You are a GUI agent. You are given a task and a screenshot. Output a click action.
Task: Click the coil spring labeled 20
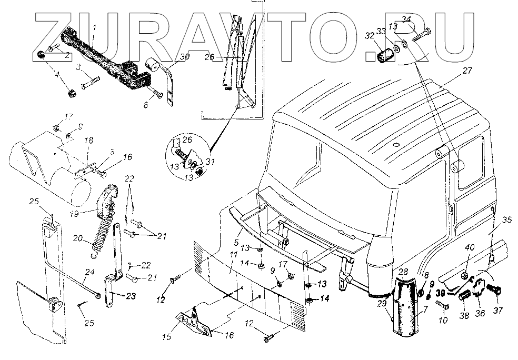103,239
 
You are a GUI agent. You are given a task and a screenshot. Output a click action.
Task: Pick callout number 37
497,311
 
